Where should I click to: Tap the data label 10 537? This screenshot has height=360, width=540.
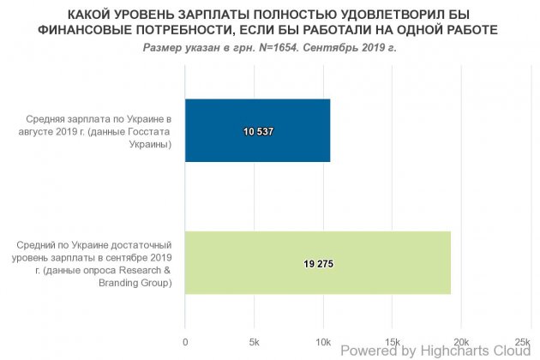click(258, 132)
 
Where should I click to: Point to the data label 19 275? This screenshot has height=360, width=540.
click(318, 264)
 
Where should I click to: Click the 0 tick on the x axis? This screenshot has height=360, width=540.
click(185, 342)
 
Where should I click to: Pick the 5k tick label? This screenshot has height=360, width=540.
click(255, 342)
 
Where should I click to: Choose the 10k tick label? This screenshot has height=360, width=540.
click(323, 342)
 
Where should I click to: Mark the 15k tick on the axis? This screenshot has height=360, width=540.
click(392, 342)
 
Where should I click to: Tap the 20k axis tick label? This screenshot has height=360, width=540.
click(461, 342)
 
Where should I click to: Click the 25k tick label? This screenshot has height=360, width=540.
click(524, 342)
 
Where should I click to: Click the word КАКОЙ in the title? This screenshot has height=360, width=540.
click(67, 15)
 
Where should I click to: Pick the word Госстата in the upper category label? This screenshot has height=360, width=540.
click(139, 131)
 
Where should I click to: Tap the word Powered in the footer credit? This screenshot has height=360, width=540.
click(368, 351)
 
